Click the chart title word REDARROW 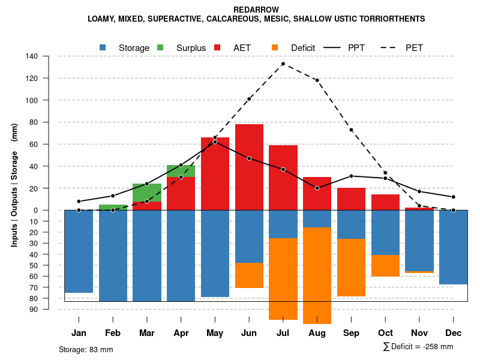click(x=256, y=10)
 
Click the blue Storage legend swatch click(x=103, y=47)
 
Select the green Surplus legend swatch click(x=161, y=47)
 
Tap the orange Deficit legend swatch click(x=275, y=47)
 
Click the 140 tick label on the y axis click(x=32, y=56)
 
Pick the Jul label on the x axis click(x=283, y=333)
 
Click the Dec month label click(x=454, y=333)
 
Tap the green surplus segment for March click(x=147, y=193)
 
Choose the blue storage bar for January click(x=79, y=251)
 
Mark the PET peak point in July click(x=283, y=64)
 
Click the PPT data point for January click(x=79, y=201)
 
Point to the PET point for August click(x=317, y=80)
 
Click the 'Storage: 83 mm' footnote click(x=86, y=349)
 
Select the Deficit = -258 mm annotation click(x=418, y=347)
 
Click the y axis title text click(x=14, y=185)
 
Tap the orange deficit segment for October click(x=385, y=266)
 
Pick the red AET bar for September click(x=352, y=199)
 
